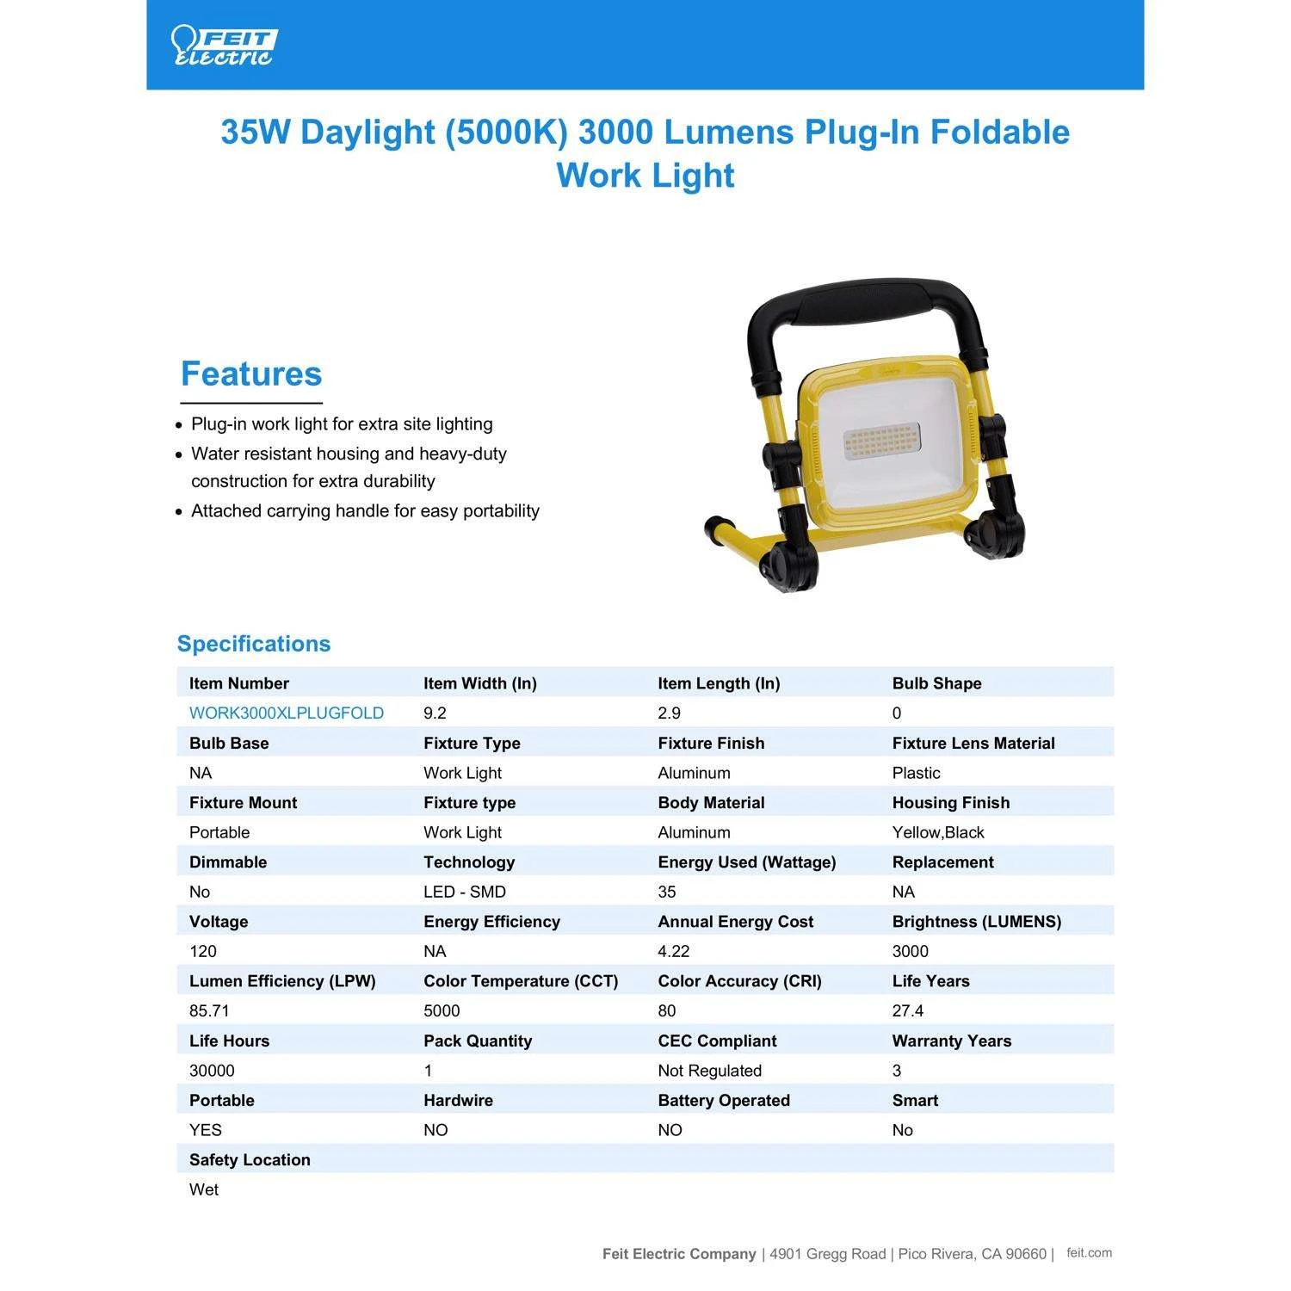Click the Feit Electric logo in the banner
[223, 46]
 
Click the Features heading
[250, 374]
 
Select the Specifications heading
[253, 644]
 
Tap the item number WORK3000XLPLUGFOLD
[286, 713]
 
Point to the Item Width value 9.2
[435, 713]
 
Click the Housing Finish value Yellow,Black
[937, 832]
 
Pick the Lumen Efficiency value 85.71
[209, 1010]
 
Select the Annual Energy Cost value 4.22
[673, 951]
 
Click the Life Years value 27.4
[907, 1010]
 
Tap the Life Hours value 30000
[212, 1071]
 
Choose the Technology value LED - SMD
[464, 892]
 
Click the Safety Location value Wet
[204, 1189]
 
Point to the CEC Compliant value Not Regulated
[709, 1071]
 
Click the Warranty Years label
[951, 1041]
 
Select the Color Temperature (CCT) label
[520, 981]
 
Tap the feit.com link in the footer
[1089, 1253]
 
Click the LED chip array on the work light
[882, 440]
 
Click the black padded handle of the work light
[865, 302]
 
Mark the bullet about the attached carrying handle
[365, 510]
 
